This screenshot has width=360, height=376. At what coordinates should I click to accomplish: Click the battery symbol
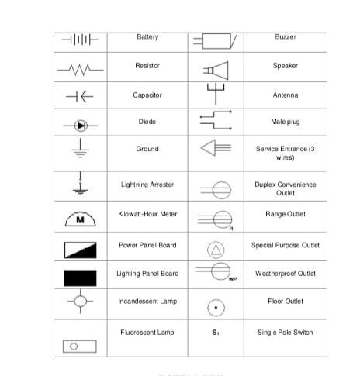[x=80, y=40]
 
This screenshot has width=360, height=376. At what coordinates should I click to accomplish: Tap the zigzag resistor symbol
[x=80, y=70]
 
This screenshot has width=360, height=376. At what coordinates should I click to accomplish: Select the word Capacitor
[x=147, y=95]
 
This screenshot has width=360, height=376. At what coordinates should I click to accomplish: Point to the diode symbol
[x=81, y=126]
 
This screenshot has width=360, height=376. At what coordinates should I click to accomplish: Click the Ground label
[x=147, y=149]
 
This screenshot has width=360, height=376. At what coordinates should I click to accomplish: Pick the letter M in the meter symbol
[x=80, y=220]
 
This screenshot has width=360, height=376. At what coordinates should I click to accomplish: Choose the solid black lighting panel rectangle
[x=81, y=278]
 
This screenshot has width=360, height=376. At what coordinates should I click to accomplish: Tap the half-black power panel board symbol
[x=81, y=250]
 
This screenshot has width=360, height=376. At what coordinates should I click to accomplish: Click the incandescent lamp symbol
[x=80, y=302]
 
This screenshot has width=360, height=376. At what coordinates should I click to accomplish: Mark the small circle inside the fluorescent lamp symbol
[x=74, y=347]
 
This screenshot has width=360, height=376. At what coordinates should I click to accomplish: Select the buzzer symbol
[x=215, y=41]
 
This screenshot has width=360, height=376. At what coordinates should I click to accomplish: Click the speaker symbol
[x=216, y=71]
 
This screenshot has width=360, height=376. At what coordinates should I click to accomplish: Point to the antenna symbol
[x=216, y=94]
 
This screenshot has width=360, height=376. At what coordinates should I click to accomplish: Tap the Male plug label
[x=286, y=122]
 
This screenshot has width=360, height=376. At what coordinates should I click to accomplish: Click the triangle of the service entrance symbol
[x=208, y=148]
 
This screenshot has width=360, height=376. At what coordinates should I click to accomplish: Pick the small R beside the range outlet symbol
[x=231, y=229]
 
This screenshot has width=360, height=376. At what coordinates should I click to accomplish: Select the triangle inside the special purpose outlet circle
[x=216, y=250]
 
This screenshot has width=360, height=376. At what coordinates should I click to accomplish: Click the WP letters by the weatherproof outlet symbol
[x=233, y=279]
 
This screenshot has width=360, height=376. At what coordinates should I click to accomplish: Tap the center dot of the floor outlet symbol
[x=216, y=308]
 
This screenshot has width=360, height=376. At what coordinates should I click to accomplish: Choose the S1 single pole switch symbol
[x=216, y=333]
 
